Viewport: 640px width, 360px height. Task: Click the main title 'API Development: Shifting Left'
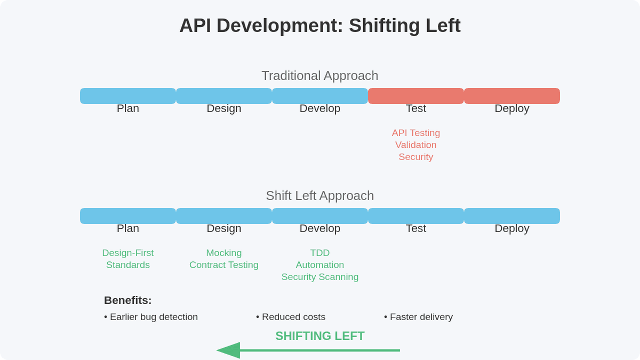pyautogui.click(x=320, y=26)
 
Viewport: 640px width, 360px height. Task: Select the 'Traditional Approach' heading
pyautogui.click(x=320, y=76)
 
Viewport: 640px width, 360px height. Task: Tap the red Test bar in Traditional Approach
pyautogui.click(x=416, y=96)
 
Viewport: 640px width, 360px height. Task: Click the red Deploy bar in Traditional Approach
pyautogui.click(x=512, y=96)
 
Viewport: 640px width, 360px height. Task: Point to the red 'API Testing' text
pyautogui.click(x=416, y=133)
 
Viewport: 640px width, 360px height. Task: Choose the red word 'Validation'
pyautogui.click(x=416, y=145)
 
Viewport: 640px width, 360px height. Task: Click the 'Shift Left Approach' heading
pyautogui.click(x=320, y=196)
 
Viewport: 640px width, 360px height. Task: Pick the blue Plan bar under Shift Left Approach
pyautogui.click(x=128, y=216)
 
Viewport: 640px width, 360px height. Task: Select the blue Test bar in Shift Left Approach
pyautogui.click(x=416, y=216)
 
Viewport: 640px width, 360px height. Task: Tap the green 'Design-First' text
pyautogui.click(x=128, y=253)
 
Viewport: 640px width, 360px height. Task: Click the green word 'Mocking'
pyautogui.click(x=224, y=253)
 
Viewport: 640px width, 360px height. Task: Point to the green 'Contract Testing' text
pyautogui.click(x=224, y=265)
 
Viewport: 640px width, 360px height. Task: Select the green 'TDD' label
pyautogui.click(x=320, y=253)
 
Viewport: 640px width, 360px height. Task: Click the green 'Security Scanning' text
pyautogui.click(x=320, y=277)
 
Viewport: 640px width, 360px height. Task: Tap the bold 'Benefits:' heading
pyautogui.click(x=128, y=300)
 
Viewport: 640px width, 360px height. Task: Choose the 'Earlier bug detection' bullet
pyautogui.click(x=151, y=317)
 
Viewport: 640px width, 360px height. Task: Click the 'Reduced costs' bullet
pyautogui.click(x=291, y=317)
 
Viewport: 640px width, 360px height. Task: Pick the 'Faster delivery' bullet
pyautogui.click(x=419, y=317)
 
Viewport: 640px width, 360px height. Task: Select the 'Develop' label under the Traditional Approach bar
pyautogui.click(x=320, y=108)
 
